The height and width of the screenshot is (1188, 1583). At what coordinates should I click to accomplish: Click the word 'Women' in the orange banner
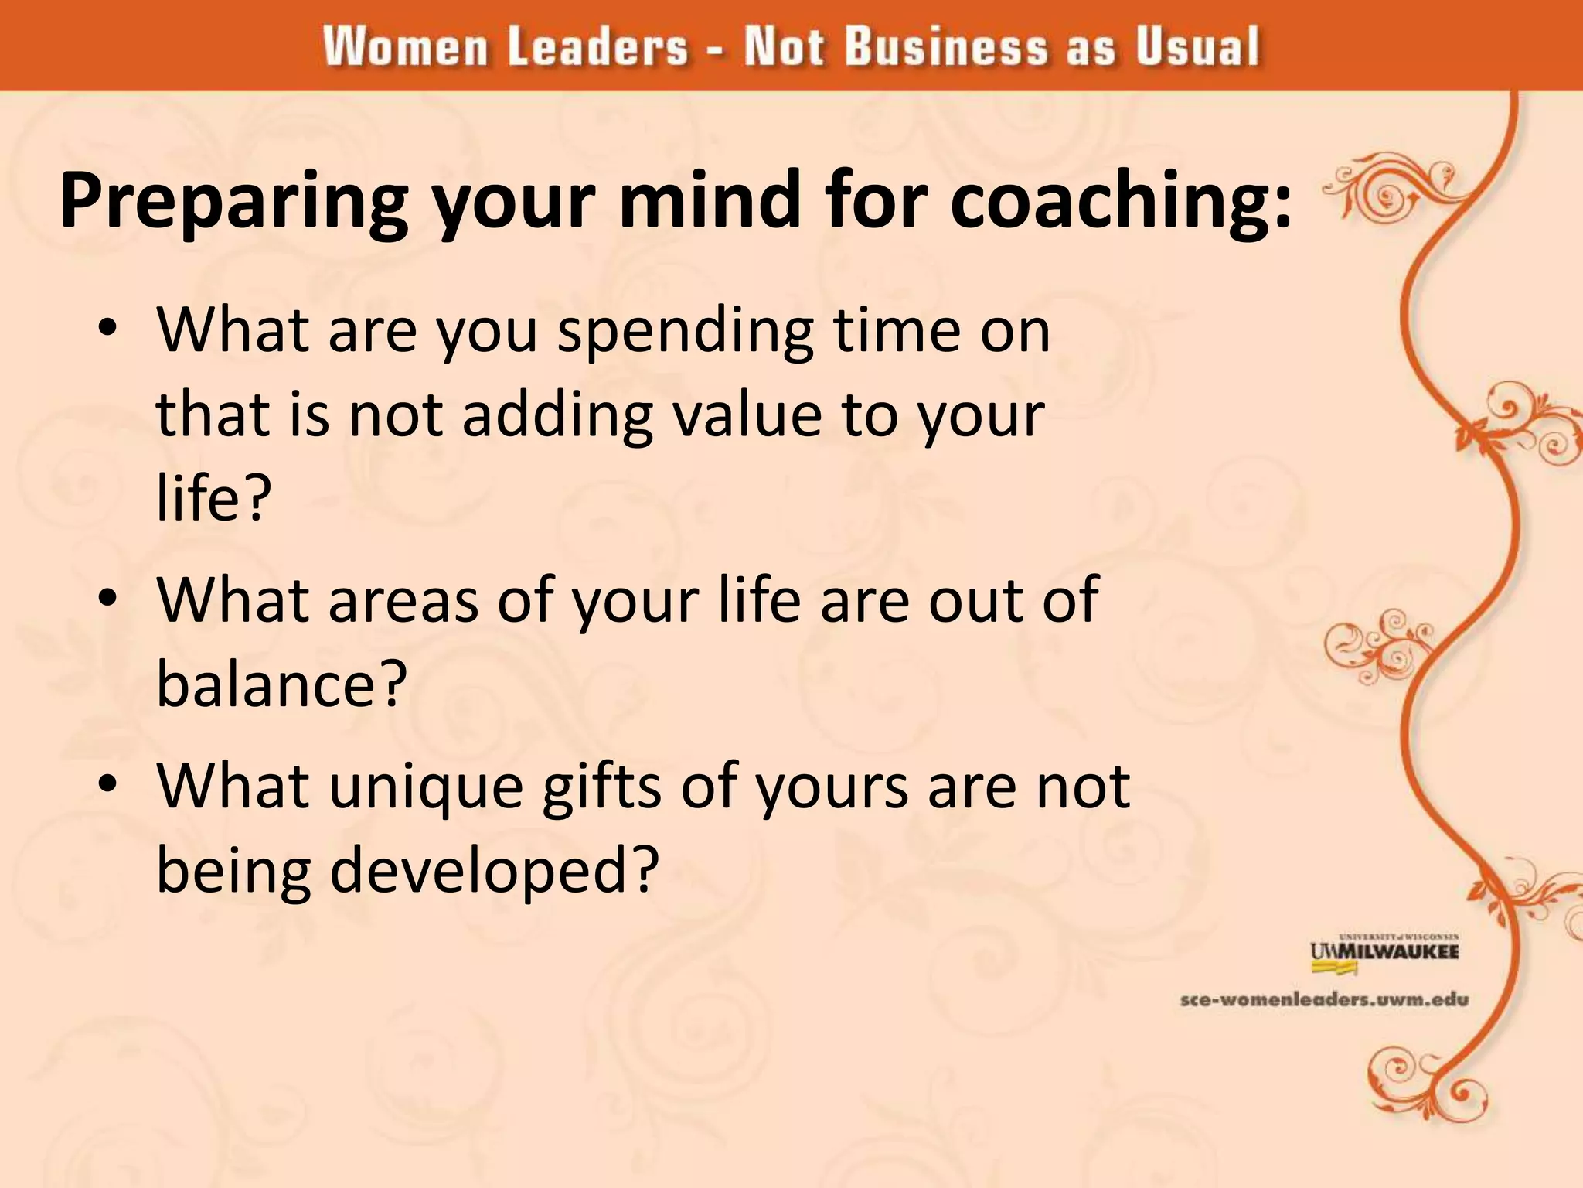(406, 47)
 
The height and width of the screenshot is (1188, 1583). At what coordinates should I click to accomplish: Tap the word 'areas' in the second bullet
(403, 601)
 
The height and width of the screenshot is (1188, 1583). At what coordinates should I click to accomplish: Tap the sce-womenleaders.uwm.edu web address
(1324, 1000)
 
